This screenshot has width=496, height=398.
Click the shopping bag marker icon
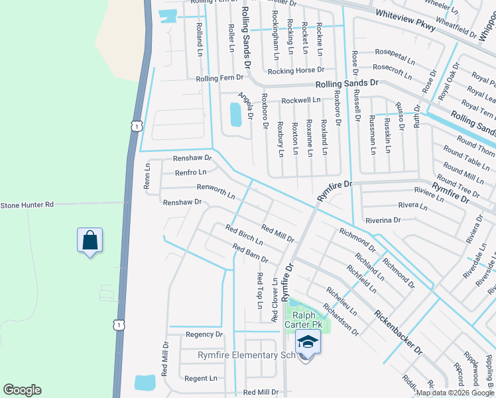[90, 240]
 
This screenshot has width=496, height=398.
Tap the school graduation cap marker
[307, 342]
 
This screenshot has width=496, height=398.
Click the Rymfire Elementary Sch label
[245, 356]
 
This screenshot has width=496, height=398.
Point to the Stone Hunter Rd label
[27, 206]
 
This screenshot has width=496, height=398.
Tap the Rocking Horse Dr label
[296, 70]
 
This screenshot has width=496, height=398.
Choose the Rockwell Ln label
[300, 100]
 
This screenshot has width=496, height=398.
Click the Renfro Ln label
[190, 172]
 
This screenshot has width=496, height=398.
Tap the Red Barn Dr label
[250, 253]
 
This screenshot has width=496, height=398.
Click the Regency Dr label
[204, 334]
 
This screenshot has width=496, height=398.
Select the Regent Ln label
[201, 378]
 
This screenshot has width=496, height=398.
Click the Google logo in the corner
[22, 390]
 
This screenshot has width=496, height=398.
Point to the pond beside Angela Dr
[235, 115]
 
